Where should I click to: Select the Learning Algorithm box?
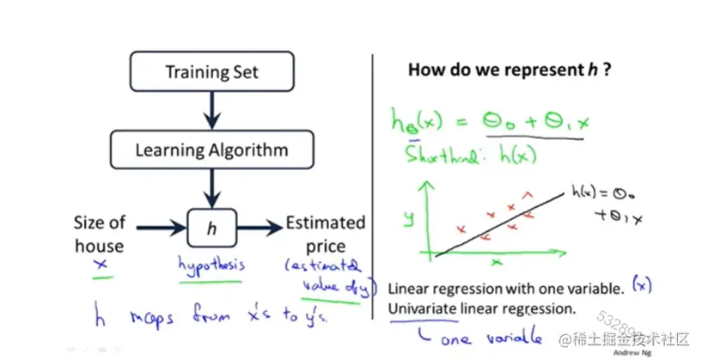tap(211, 149)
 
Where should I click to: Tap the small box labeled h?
tap(211, 228)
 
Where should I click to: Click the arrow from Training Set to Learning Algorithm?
tap(212, 109)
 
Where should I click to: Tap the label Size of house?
tap(99, 234)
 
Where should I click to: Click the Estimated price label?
tap(325, 234)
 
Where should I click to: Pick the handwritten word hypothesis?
tap(211, 264)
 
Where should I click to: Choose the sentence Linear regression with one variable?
tap(505, 288)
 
